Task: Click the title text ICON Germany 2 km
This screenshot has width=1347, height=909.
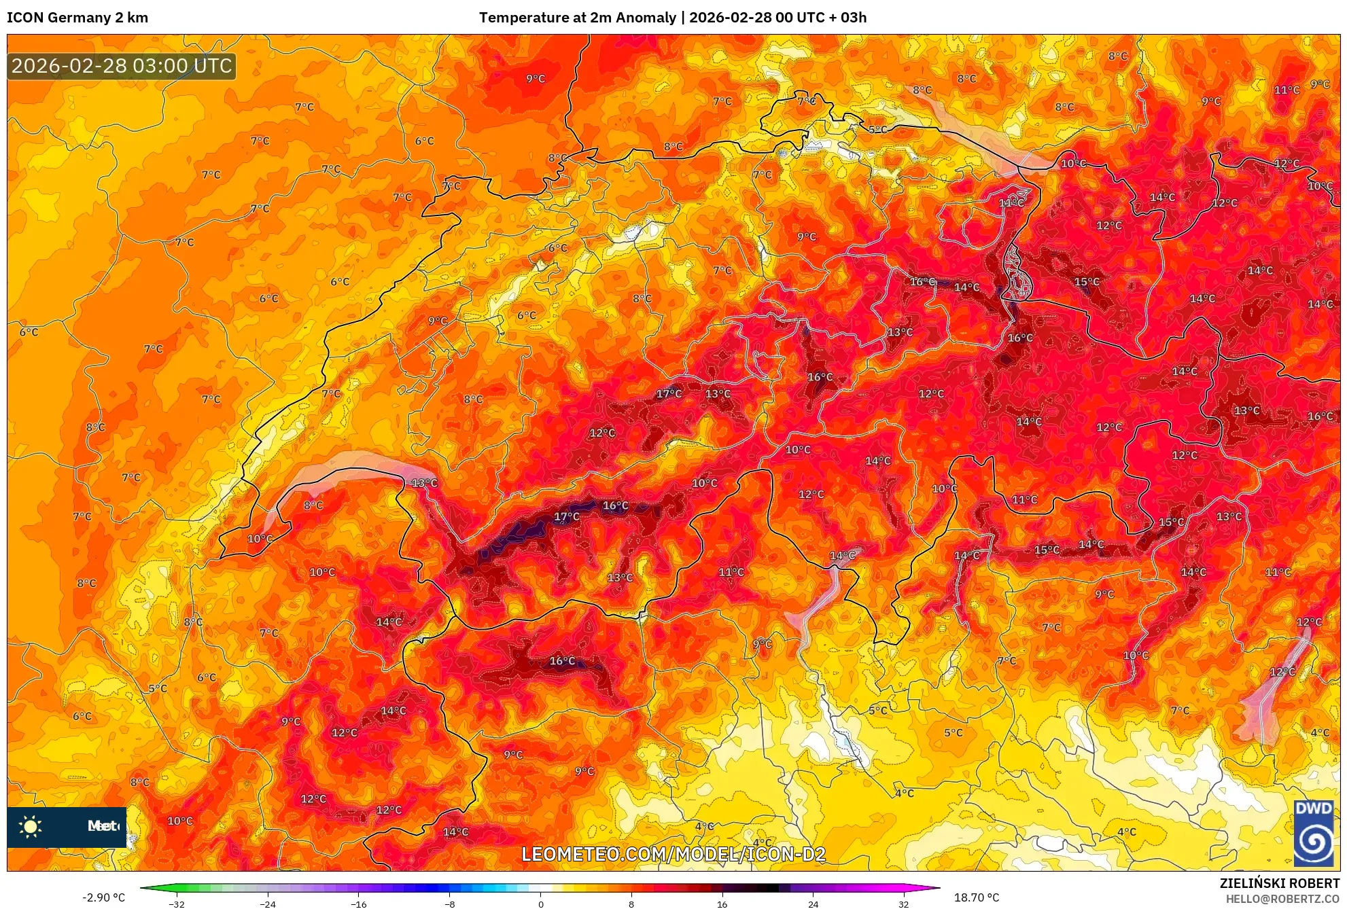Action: [77, 18]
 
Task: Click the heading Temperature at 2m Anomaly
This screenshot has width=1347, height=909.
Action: [577, 18]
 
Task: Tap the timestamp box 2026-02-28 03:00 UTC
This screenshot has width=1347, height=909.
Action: [122, 66]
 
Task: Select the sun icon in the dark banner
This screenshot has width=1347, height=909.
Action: [31, 826]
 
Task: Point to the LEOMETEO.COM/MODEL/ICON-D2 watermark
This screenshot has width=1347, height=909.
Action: [673, 854]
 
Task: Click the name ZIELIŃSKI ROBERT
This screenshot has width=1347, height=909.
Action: [1279, 883]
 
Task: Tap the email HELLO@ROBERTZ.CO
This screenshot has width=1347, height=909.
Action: [1282, 899]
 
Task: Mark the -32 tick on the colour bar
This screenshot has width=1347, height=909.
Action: [176, 904]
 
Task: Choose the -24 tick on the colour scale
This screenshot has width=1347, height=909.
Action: [267, 904]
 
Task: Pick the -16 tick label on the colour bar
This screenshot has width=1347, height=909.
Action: [358, 904]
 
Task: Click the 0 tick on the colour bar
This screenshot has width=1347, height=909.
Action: [540, 904]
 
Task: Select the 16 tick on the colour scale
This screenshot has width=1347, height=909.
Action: [722, 904]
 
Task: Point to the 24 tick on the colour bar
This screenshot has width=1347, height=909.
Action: [813, 904]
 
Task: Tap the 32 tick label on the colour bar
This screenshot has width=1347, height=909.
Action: [903, 904]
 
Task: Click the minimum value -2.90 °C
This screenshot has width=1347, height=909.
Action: [103, 897]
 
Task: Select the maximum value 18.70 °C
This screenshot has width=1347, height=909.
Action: [977, 897]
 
